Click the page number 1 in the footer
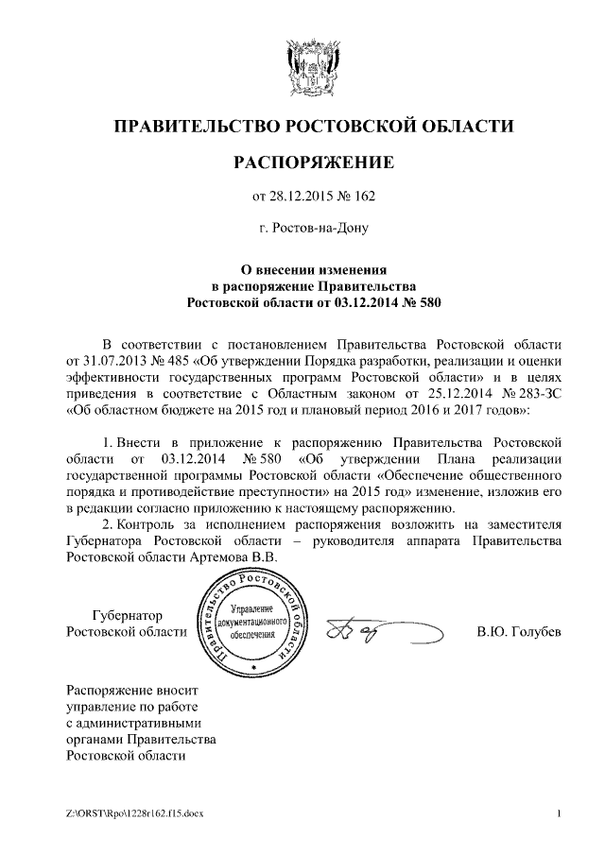tap(560, 813)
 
